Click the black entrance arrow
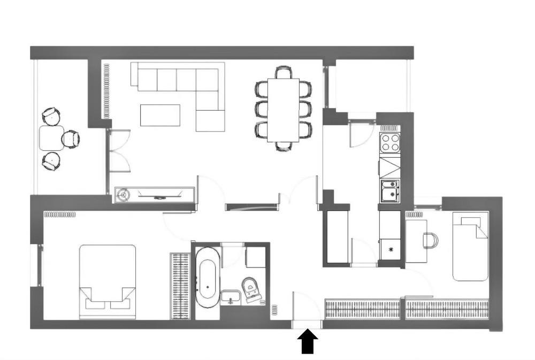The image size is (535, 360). tap(307, 341)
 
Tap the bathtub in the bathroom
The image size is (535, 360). tap(207, 277)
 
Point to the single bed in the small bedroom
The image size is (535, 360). tap(470, 246)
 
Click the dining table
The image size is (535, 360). tap(283, 110)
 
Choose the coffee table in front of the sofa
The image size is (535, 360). tap(160, 115)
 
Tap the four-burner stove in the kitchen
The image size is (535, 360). tap(389, 143)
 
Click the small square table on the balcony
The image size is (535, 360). tap(51, 138)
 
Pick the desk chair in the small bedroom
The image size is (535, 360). tap(431, 240)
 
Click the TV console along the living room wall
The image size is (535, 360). tap(154, 195)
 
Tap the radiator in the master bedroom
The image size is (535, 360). tap(59, 215)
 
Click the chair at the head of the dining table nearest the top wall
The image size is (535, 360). tap(283, 72)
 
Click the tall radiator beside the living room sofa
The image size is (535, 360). tap(106, 91)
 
